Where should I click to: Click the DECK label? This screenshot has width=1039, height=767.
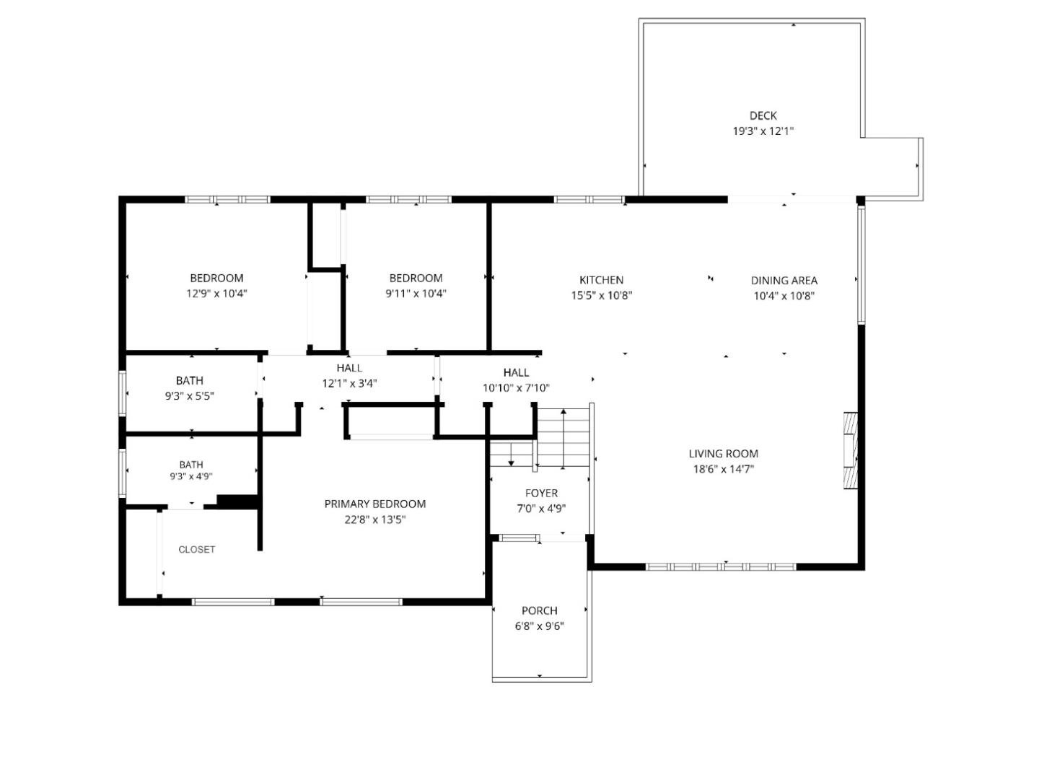[763, 115]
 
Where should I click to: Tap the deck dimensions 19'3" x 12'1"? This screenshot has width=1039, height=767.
[763, 131]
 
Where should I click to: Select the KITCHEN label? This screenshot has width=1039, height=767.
[601, 280]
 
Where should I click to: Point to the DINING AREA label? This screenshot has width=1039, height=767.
[784, 281]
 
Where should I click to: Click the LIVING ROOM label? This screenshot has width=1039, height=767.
[723, 454]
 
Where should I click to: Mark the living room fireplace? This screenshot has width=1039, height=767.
[850, 451]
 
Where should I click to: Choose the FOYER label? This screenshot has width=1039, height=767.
[541, 493]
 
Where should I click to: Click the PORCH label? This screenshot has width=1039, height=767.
[539, 610]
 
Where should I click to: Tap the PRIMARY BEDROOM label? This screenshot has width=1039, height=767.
[374, 504]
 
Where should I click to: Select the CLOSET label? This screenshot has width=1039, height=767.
[196, 549]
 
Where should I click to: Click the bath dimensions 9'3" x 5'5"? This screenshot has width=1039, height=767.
[189, 396]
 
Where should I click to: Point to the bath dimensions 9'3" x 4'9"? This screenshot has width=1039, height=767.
[191, 476]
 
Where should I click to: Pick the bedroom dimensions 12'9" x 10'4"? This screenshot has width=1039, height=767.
[216, 294]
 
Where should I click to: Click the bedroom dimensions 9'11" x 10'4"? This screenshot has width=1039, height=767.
[416, 294]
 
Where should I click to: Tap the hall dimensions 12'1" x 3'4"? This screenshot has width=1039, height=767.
[349, 384]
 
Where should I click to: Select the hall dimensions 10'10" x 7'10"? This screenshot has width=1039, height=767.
[516, 388]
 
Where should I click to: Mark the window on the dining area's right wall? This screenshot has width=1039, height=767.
[861, 266]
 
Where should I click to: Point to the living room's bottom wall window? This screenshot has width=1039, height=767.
[721, 566]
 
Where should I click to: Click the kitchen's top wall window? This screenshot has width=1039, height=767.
[589, 200]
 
